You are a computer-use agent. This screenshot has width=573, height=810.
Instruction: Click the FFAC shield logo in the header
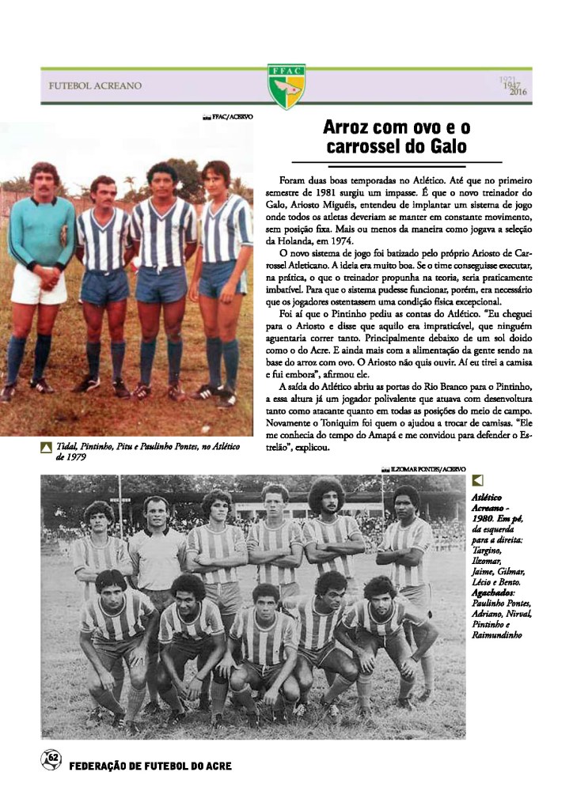[286, 85]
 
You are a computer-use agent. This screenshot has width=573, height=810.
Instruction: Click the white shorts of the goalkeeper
[38, 288]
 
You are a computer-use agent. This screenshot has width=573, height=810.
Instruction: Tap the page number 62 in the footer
[51, 759]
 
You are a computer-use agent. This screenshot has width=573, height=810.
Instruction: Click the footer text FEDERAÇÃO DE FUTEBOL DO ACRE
[150, 766]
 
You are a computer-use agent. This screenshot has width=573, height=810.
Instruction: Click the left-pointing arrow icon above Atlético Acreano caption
[477, 480]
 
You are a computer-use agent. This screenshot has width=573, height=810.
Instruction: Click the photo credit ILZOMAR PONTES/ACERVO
[427, 469]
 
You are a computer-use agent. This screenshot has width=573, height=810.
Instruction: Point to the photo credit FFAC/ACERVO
[233, 117]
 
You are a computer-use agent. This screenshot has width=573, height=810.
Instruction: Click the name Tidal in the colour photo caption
[66, 448]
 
